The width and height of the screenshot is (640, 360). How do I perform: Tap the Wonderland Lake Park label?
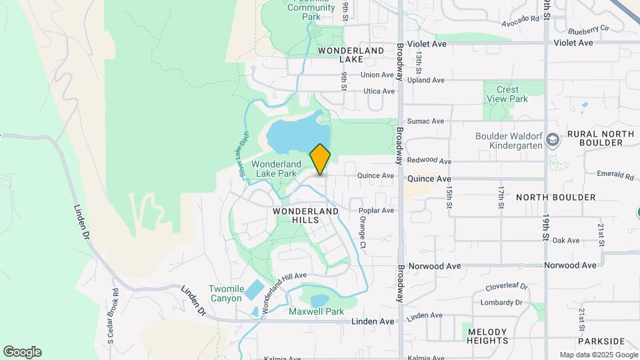(274, 169)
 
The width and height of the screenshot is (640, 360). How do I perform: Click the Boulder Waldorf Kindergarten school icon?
(552, 140)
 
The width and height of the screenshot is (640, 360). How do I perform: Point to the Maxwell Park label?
(316, 311)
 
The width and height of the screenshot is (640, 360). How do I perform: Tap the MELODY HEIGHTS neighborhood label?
(488, 336)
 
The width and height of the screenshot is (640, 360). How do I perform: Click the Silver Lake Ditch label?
(244, 157)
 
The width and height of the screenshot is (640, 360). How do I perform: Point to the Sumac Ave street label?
(429, 121)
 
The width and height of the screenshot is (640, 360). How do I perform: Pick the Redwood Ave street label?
(429, 161)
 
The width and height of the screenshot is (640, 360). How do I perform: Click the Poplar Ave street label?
(377, 211)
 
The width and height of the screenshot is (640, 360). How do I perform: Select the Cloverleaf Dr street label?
(506, 287)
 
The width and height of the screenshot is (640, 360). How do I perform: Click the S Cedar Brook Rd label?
(113, 317)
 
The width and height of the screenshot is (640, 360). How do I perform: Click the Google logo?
(22, 352)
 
